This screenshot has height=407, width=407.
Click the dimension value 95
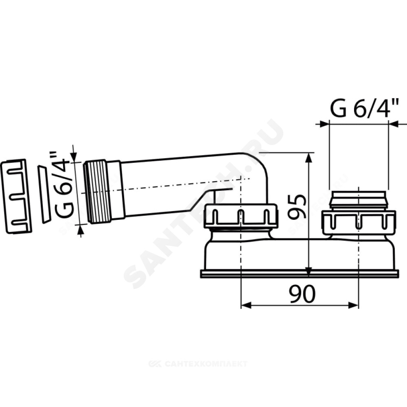(297, 207)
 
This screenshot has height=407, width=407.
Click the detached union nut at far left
(16, 197)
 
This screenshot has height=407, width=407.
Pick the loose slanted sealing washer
(44, 194)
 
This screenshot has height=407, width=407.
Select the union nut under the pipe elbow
(241, 216)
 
